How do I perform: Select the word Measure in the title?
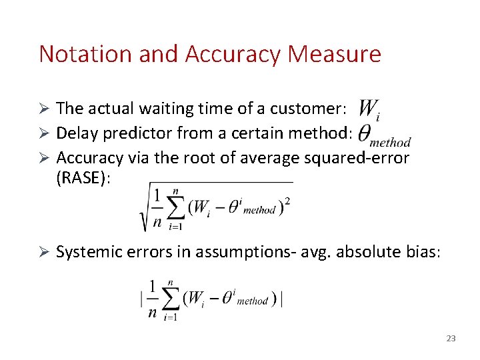[x=335, y=54]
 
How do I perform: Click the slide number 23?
[x=451, y=339]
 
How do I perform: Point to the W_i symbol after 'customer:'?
[x=369, y=109]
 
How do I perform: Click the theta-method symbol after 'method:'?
[x=383, y=135]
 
